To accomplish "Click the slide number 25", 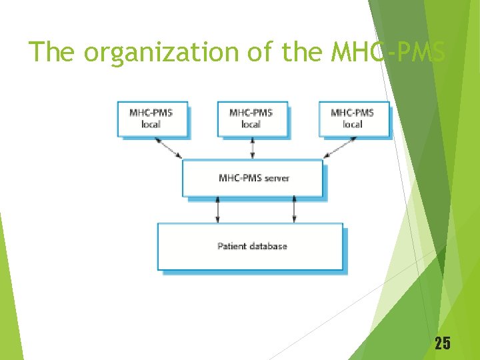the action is (x=442, y=343).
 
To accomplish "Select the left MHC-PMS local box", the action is (x=152, y=118).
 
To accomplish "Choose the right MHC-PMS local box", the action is (x=353, y=118).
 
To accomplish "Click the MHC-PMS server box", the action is (x=252, y=177).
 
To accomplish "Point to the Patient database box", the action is (x=250, y=246).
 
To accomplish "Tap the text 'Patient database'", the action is (x=252, y=246).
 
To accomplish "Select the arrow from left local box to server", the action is (x=168, y=148).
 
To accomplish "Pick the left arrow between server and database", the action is (x=217, y=209).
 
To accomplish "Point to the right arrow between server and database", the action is (x=294, y=209).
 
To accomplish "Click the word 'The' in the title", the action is (x=53, y=51).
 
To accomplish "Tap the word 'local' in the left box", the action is (x=151, y=124).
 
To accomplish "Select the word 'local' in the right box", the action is (x=353, y=124).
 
